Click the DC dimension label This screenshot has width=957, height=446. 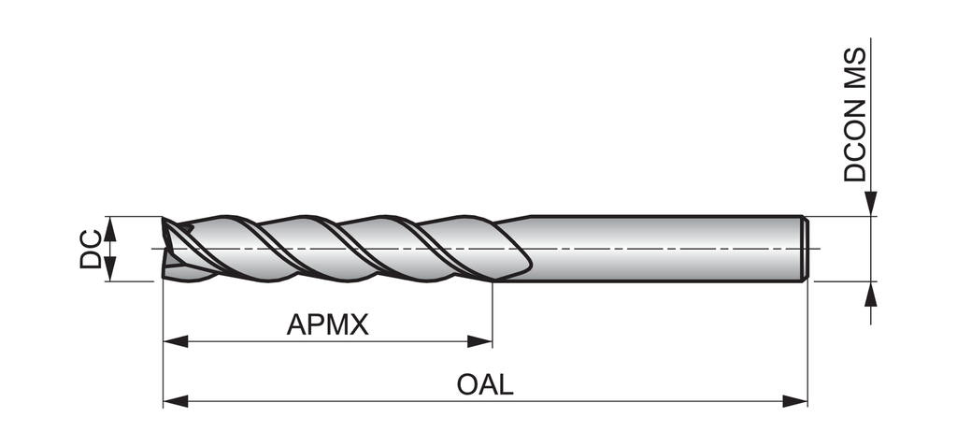click(x=90, y=248)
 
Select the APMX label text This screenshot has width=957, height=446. click(x=328, y=325)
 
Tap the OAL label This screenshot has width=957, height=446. click(x=485, y=385)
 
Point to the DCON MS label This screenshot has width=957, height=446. click(x=855, y=116)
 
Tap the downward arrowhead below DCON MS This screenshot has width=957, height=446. click(x=871, y=205)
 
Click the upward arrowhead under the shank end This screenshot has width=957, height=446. click(x=871, y=293)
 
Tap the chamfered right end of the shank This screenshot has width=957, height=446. click(x=805, y=248)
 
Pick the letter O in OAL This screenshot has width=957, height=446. click(x=467, y=385)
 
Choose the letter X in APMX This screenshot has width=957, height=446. click(x=359, y=325)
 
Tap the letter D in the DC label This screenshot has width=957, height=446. click(x=90, y=257)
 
